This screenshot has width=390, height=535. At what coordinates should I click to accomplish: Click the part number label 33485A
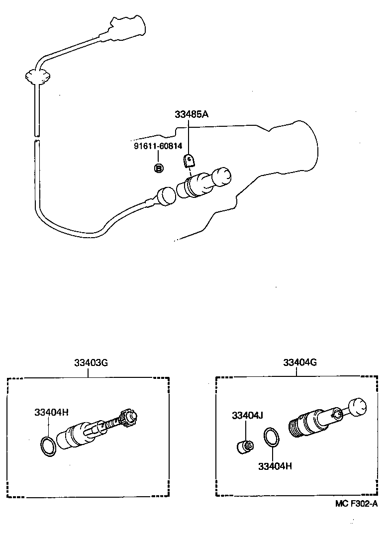click(x=191, y=114)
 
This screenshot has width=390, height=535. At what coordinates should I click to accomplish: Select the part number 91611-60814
click(x=158, y=146)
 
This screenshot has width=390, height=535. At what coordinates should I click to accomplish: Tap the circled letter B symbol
click(x=158, y=169)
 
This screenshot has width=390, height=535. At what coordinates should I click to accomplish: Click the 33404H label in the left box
click(x=51, y=412)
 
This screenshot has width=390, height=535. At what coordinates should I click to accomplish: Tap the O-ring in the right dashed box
click(x=272, y=437)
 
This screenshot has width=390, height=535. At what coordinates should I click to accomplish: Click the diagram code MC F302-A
click(x=356, y=504)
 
